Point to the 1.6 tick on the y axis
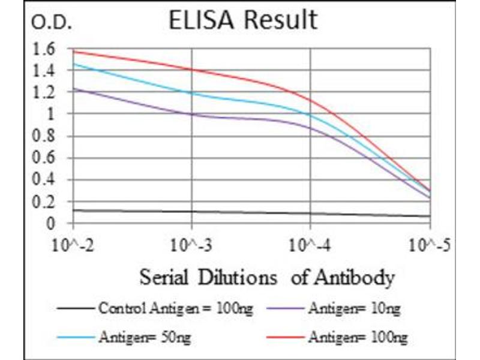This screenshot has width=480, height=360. (45, 49)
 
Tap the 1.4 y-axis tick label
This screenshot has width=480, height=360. (45, 71)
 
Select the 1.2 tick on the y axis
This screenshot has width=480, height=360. (45, 92)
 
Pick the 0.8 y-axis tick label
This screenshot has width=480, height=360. (45, 136)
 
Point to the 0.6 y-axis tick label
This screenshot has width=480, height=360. (45, 158)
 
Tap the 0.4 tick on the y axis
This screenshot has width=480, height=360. (45, 180)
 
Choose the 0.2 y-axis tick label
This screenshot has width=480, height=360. (45, 202)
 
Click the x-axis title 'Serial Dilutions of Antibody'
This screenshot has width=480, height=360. (267, 278)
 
